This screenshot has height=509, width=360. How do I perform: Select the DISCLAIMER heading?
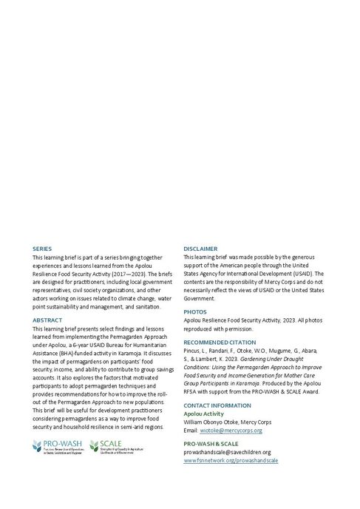click(200, 249)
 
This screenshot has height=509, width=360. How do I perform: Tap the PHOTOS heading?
click(194, 312)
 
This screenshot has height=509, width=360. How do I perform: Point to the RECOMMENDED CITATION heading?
click(220, 343)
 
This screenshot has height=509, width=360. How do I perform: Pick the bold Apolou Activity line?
click(203, 414)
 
